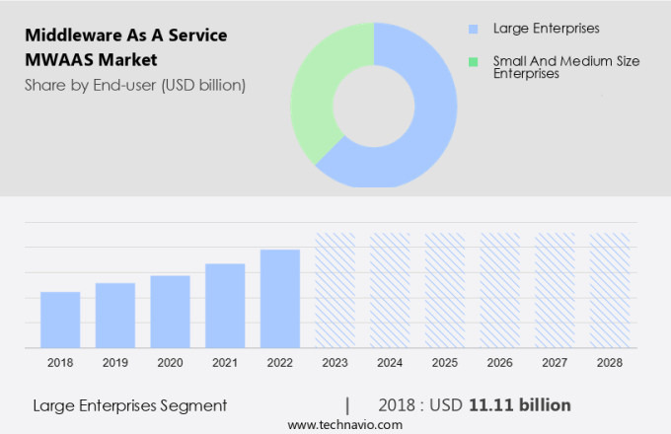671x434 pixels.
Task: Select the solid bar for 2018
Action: [x=60, y=320]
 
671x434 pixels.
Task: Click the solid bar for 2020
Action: [x=170, y=312]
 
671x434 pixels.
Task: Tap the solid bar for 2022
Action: [x=280, y=298]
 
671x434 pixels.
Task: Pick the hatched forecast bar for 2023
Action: [x=335, y=290]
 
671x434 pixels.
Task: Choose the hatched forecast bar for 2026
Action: [x=499, y=290]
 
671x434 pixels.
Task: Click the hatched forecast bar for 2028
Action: [x=609, y=290]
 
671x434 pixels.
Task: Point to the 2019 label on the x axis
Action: [x=115, y=363]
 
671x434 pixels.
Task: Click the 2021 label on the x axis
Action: [x=225, y=363]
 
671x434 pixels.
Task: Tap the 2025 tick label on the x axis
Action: [x=444, y=363]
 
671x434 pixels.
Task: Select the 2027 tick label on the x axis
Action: [x=555, y=363]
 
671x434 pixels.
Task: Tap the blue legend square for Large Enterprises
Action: [x=474, y=30]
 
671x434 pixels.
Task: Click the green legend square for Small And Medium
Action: [x=474, y=61]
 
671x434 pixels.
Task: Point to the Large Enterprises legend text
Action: [x=546, y=30]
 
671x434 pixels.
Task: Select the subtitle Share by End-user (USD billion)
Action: [x=135, y=85]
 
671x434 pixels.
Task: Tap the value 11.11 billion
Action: [x=520, y=405]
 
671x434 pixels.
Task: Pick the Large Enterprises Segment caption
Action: [x=129, y=405]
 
